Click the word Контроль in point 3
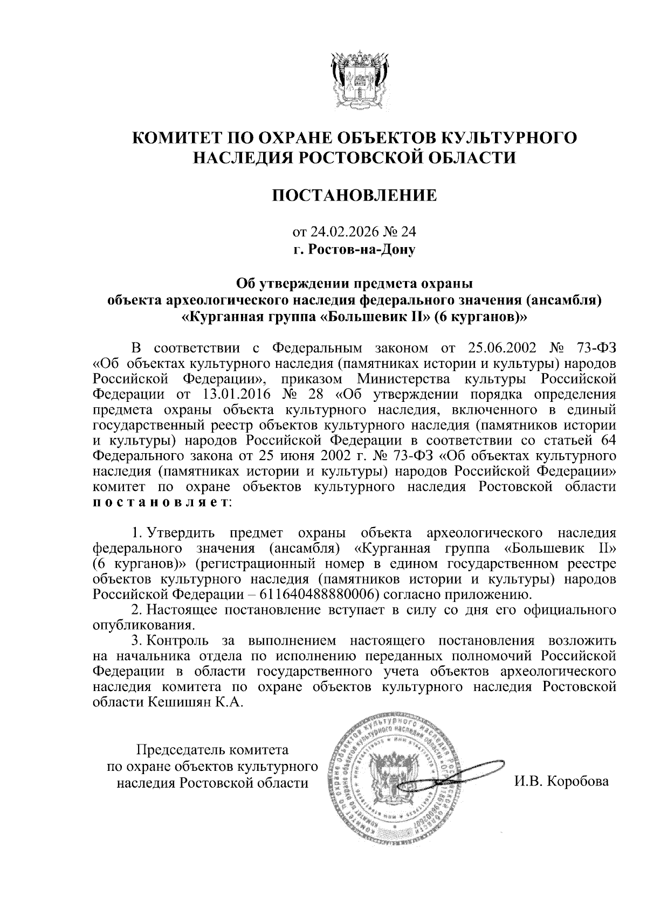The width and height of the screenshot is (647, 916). pos(178,641)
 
